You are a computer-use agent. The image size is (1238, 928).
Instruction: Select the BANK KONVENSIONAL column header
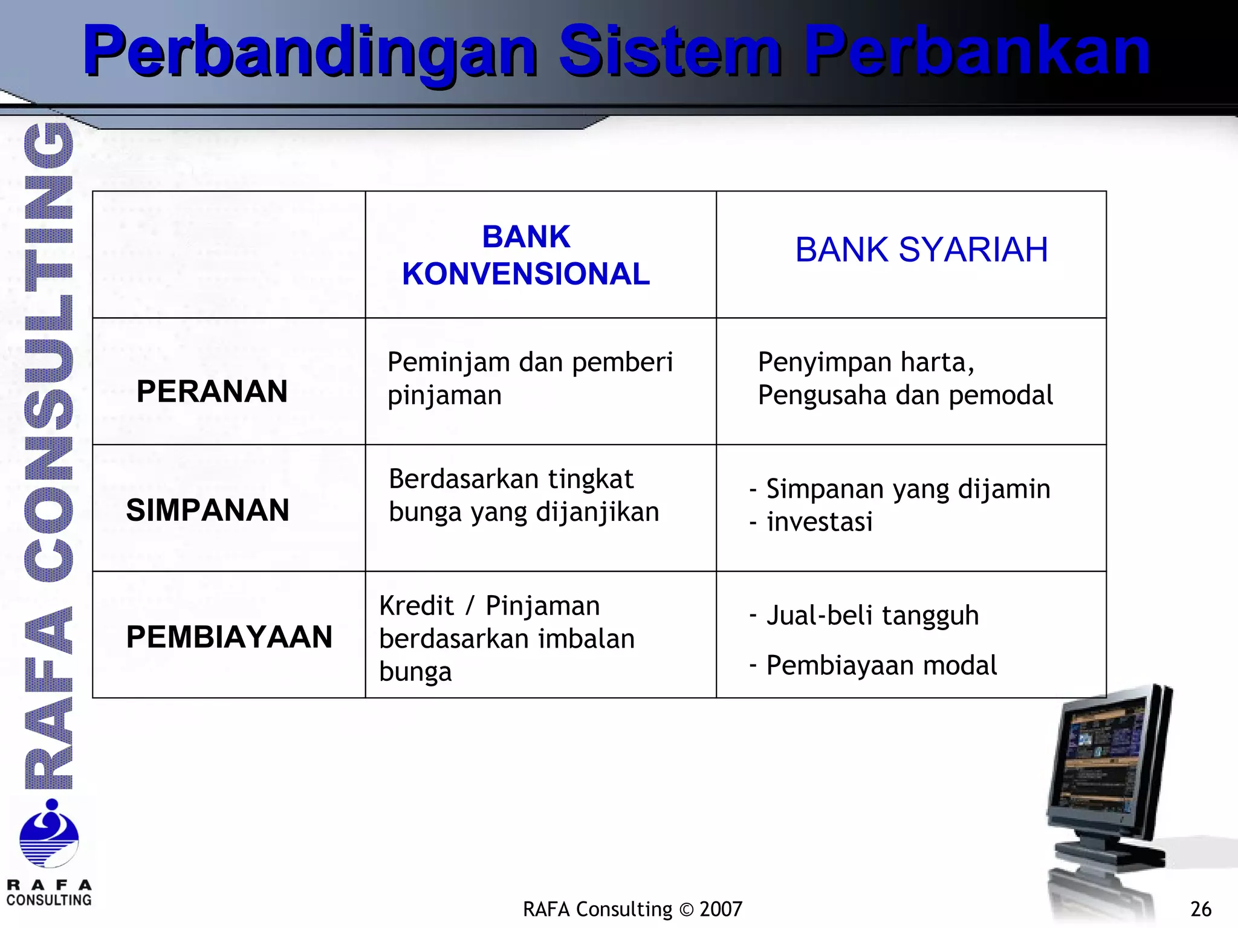click(526, 255)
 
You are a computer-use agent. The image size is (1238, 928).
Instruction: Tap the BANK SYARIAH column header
click(921, 250)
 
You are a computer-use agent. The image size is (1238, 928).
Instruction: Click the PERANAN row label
click(212, 391)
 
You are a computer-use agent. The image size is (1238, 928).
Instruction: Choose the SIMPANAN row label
click(207, 510)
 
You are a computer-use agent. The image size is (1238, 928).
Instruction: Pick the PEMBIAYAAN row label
click(229, 637)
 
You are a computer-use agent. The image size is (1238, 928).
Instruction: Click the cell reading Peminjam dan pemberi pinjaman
click(530, 378)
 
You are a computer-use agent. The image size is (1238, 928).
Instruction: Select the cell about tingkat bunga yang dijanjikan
click(523, 495)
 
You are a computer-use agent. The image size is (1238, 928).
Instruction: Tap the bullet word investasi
click(819, 522)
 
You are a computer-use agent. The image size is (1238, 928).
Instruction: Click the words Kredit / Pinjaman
click(489, 606)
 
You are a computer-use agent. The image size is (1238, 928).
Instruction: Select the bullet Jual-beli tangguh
click(872, 616)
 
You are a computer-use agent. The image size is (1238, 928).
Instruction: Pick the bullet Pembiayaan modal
click(881, 665)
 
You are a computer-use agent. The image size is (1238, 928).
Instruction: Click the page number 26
click(1200, 909)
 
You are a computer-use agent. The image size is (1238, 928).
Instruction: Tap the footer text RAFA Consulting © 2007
click(632, 909)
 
